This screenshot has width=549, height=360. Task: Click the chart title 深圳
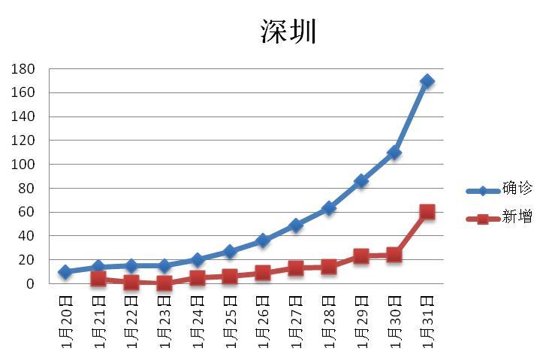coord(289,32)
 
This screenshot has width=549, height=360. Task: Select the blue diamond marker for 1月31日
coord(427,81)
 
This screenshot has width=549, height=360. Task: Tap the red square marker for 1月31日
coord(427,212)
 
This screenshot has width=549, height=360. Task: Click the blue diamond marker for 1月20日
coord(65,272)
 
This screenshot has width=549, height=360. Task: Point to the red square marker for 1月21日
coord(98,279)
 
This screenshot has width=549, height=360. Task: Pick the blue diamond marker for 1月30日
coord(394,153)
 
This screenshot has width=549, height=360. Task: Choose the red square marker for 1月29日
coord(361,256)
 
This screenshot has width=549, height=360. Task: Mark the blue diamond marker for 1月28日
coord(328,208)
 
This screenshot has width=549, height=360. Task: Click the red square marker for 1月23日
coord(164,283)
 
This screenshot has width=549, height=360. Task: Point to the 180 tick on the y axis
coord(25,69)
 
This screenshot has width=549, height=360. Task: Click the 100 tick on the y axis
coord(25,165)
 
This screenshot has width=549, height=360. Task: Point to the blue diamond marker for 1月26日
coord(263,241)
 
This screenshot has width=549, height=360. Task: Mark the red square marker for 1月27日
coord(296,268)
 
